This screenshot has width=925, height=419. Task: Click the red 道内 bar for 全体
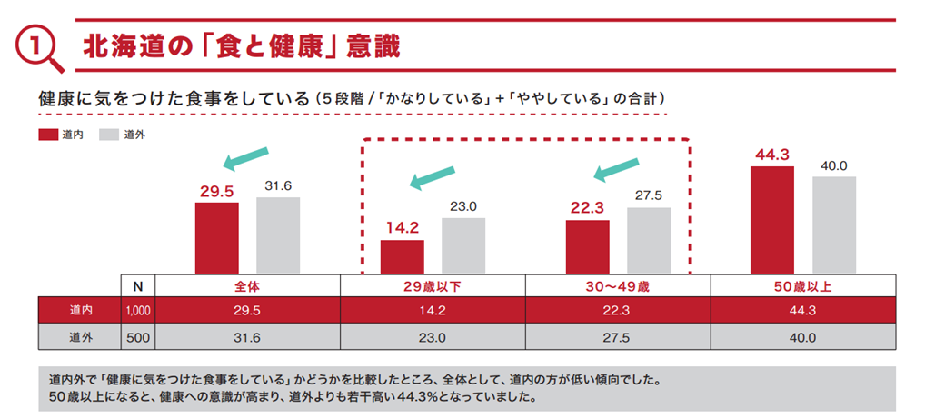pyautogui.click(x=216, y=237)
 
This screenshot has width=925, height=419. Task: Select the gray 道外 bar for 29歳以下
pyautogui.click(x=463, y=245)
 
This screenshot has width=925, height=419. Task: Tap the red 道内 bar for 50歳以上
pyautogui.click(x=772, y=219)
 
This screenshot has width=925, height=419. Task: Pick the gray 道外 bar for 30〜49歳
pyautogui.click(x=649, y=240)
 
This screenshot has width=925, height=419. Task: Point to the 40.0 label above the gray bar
pyautogui.click(x=833, y=165)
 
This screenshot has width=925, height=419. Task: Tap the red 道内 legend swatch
pyautogui.click(x=48, y=135)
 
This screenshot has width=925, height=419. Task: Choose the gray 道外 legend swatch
pyautogui.click(x=109, y=135)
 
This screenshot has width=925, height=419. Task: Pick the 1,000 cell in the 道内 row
pyautogui.click(x=138, y=310)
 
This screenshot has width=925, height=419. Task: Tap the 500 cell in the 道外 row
pyautogui.click(x=138, y=337)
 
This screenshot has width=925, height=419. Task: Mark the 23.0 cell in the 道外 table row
pyautogui.click(x=433, y=337)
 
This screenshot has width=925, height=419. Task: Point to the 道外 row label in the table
pyautogui.click(x=80, y=337)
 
